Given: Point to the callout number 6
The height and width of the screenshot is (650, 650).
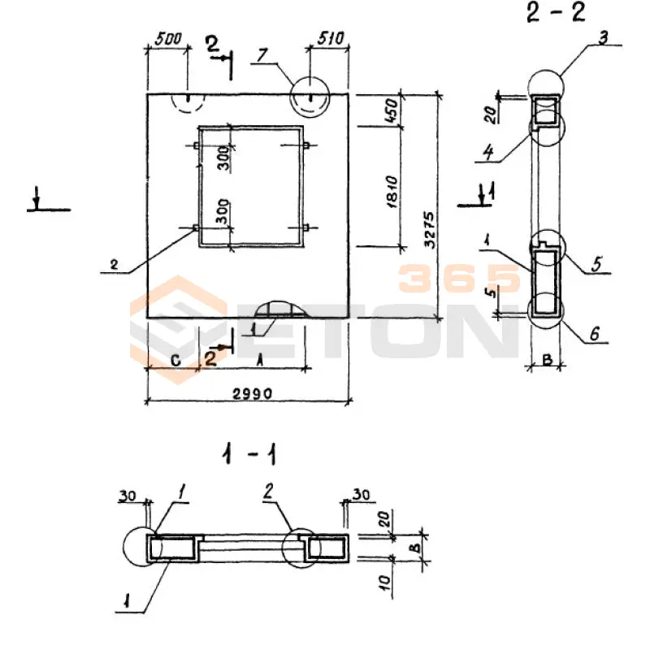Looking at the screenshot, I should pyautogui.click(x=594, y=334).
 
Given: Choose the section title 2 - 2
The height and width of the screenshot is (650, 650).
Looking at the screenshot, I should pyautogui.click(x=556, y=14).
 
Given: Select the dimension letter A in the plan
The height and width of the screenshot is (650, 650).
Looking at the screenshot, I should pyautogui.click(x=260, y=357).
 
